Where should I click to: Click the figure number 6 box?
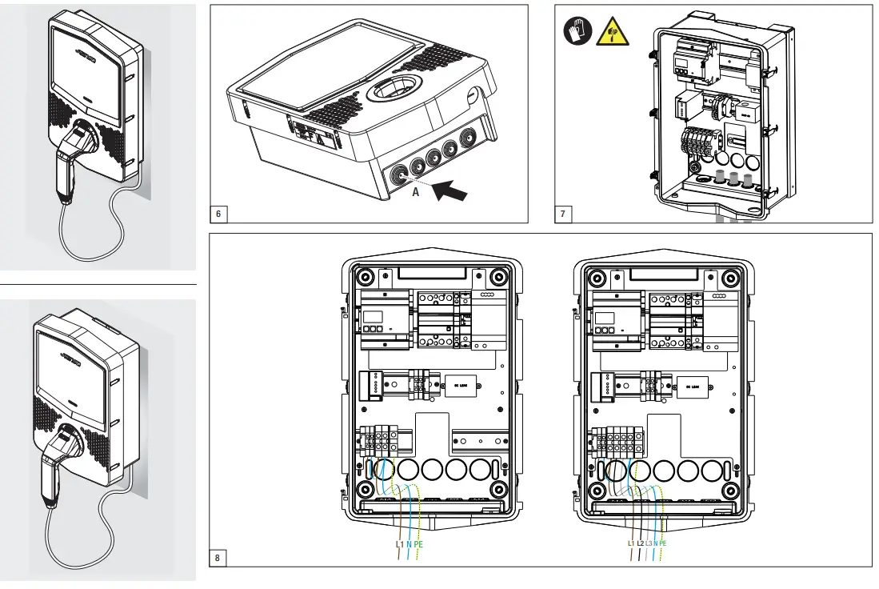pos(218,214)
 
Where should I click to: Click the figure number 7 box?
pos(563,214)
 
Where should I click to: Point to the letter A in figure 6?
pos(416,193)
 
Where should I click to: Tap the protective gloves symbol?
pos(575,31)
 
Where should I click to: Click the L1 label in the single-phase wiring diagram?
pos(400,543)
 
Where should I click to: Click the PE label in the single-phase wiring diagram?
pos(418,543)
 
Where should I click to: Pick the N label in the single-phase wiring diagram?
pos(409,543)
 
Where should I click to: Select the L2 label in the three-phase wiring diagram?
pos(640,543)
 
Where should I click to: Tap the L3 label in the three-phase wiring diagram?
pos(649,543)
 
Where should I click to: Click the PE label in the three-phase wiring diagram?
pos(663,543)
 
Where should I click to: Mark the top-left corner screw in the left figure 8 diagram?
pos(364,278)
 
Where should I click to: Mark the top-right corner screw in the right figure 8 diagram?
pos(729,278)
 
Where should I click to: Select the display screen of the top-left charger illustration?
pos(86,68)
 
